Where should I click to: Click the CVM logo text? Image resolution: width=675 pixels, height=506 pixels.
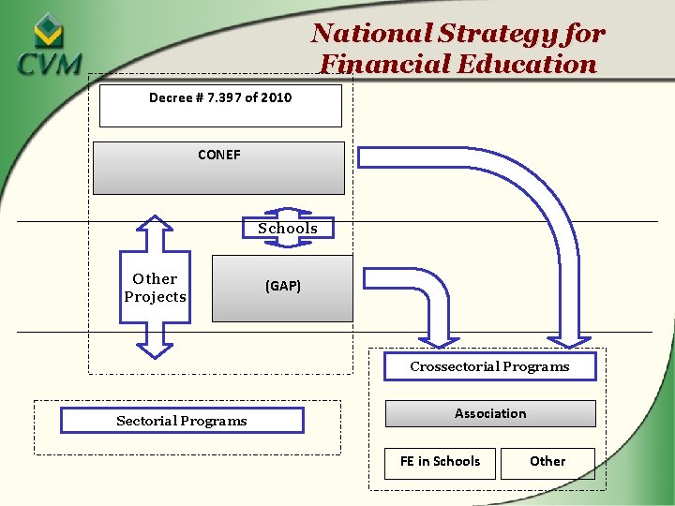[49, 67]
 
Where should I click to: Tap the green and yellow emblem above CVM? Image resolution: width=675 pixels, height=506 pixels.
[49, 32]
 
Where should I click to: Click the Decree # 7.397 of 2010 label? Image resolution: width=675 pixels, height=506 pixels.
[220, 97]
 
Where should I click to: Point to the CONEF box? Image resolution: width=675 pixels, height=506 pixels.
[218, 168]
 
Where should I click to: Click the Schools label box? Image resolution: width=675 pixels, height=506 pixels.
[288, 229]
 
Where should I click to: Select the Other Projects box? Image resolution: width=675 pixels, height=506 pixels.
[155, 288]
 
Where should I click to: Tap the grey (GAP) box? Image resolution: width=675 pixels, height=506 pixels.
[282, 288]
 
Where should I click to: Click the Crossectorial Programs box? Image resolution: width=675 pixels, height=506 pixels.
[489, 366]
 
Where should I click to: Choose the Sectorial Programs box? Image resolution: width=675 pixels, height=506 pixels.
[182, 421]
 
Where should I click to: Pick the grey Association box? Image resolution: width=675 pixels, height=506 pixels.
[490, 413]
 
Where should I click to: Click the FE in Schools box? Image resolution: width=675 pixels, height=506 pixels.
[440, 462]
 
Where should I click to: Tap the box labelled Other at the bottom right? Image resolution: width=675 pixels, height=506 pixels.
[547, 462]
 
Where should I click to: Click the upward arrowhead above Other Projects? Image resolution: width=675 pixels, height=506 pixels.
[155, 226]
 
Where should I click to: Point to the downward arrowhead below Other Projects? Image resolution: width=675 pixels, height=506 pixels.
[155, 348]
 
